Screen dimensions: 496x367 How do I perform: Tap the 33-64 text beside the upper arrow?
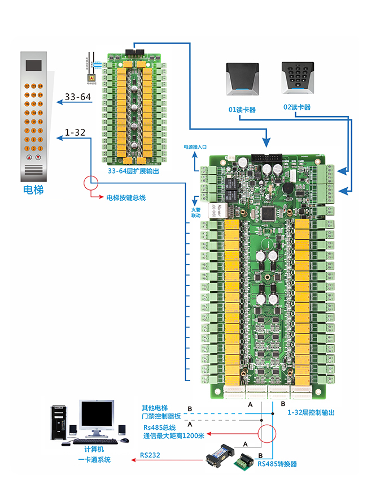click(x=78, y=97)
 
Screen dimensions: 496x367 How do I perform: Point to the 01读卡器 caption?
click(x=242, y=109)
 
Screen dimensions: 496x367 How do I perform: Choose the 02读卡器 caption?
click(x=296, y=107)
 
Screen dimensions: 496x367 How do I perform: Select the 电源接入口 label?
click(x=195, y=146)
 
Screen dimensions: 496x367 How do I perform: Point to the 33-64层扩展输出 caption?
click(x=133, y=170)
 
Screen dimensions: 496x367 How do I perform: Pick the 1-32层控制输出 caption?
click(x=311, y=413)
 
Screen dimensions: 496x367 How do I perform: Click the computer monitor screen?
click(x=96, y=417)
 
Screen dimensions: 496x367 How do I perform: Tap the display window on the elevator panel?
click(x=33, y=67)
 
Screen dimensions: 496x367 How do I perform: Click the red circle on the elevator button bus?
click(x=90, y=182)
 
